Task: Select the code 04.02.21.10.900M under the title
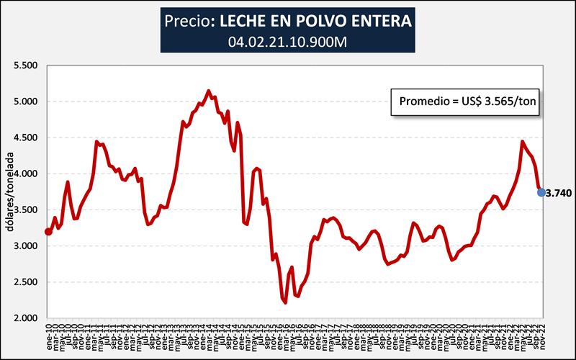287,41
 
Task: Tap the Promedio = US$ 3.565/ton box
464,102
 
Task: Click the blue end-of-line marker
541,192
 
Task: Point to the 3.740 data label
559,193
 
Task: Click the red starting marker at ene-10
48,231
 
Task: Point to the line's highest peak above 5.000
209,91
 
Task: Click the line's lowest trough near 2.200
286,302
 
